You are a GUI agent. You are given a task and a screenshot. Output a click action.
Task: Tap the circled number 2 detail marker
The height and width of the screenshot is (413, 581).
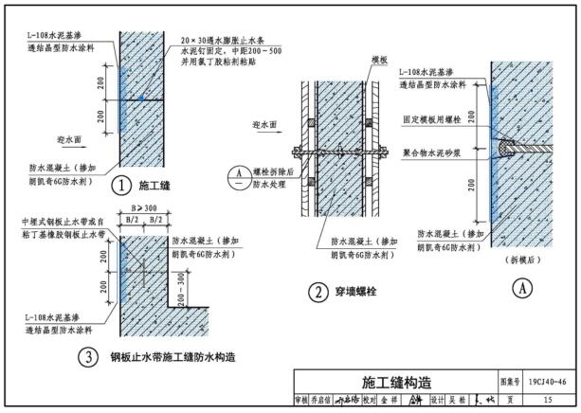[318, 293]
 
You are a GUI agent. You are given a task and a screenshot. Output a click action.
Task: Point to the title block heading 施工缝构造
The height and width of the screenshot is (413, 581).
[396, 382]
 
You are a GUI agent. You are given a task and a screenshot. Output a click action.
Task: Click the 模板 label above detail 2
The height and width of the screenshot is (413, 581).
[380, 59]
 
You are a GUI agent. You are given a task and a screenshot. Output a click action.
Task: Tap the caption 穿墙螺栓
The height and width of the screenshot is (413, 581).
[358, 293]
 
